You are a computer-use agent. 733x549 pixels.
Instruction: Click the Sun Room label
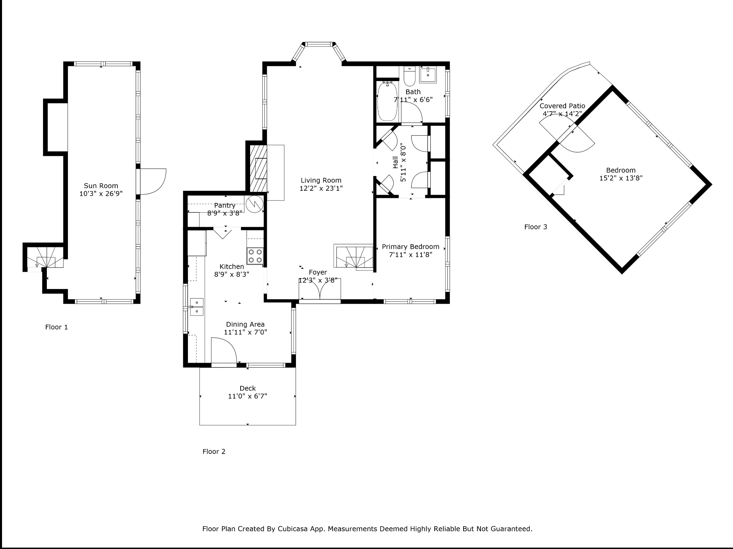(101, 186)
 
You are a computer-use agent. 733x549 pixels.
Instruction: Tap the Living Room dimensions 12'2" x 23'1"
(321, 188)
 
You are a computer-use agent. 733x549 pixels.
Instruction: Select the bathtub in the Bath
(387, 101)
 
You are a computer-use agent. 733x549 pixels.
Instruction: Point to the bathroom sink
(428, 75)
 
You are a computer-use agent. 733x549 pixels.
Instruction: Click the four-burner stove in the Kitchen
(255, 256)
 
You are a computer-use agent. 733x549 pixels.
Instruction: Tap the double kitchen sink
(197, 307)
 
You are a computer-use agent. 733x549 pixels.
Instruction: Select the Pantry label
(225, 206)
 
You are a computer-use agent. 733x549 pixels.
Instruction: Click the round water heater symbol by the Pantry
(255, 204)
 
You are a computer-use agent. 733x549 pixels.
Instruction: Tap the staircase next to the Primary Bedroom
(355, 258)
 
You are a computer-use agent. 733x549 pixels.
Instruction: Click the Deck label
(248, 388)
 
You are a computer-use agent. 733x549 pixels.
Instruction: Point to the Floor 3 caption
(536, 227)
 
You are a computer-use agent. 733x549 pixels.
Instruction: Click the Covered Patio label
(562, 106)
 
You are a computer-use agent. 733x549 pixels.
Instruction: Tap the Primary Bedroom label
(411, 247)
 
